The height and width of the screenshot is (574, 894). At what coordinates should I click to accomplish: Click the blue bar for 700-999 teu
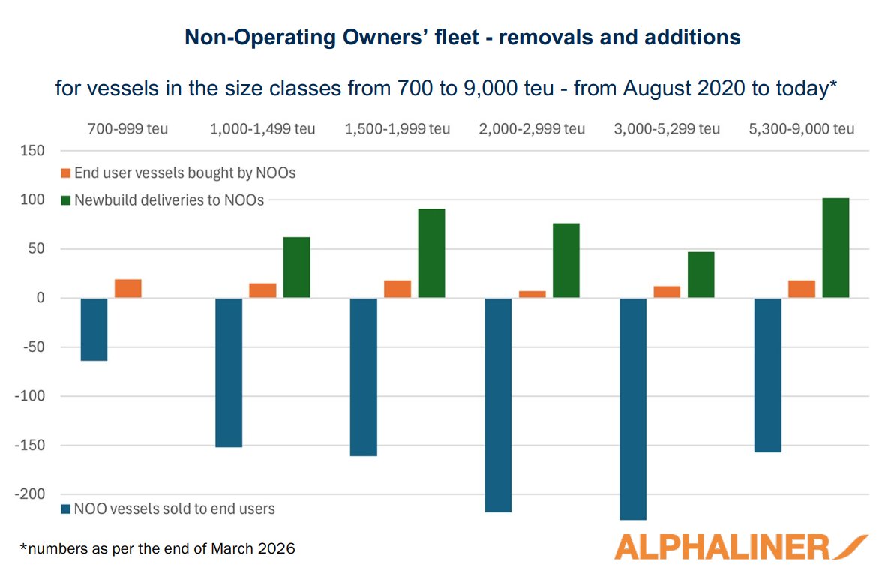pyautogui.click(x=94, y=329)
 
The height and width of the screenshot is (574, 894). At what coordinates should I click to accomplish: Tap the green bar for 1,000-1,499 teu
pyautogui.click(x=296, y=268)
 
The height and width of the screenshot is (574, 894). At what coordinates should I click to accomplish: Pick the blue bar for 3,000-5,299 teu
pyautogui.click(x=633, y=409)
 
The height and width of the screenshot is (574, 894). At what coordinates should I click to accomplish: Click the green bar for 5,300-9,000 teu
pyautogui.click(x=835, y=248)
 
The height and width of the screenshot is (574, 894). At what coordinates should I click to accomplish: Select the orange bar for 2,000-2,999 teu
pyautogui.click(x=532, y=294)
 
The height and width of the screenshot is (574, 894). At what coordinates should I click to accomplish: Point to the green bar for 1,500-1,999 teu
pyautogui.click(x=431, y=254)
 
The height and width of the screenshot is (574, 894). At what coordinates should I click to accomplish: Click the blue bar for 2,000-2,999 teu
pyautogui.click(x=498, y=405)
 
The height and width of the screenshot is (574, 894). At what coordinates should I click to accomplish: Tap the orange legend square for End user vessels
pyautogui.click(x=66, y=173)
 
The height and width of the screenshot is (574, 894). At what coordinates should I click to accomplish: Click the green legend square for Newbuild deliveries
pyautogui.click(x=66, y=200)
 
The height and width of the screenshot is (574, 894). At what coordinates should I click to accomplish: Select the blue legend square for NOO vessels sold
pyautogui.click(x=66, y=509)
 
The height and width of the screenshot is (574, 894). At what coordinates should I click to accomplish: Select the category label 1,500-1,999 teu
pyautogui.click(x=397, y=129)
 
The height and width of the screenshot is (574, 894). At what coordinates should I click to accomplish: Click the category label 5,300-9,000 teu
pyautogui.click(x=802, y=129)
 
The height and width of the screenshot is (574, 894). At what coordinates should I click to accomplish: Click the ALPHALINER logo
pyautogui.click(x=739, y=547)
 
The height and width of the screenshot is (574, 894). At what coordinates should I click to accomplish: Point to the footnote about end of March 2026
pyautogui.click(x=157, y=549)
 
